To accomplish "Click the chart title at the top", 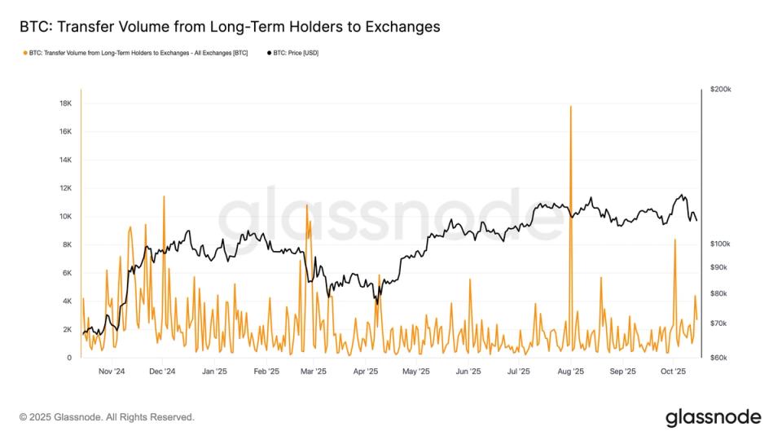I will click(230, 27).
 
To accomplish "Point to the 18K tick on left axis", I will click(65, 103).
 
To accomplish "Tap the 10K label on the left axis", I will click(65, 217).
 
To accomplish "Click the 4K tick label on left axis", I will click(67, 301).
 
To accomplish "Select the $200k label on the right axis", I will click(720, 90).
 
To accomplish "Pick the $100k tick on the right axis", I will click(720, 244).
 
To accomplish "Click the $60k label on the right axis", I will click(718, 358).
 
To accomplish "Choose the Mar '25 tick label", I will click(313, 372).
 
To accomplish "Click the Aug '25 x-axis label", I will click(571, 372).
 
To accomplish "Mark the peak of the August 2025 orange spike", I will click(571, 106).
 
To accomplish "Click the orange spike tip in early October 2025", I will click(675, 240).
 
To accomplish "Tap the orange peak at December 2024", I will click(164, 196).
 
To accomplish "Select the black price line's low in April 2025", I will click(376, 302).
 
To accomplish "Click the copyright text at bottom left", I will click(107, 417).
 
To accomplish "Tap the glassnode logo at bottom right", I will click(714, 417).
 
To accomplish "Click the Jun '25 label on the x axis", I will click(468, 372).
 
